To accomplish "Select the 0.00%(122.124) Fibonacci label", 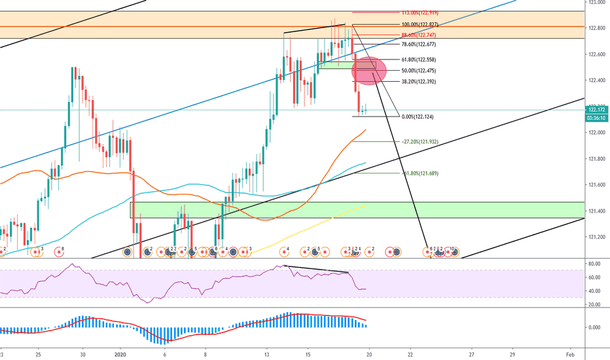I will [x=417, y=117].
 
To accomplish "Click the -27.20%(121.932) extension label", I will [x=420, y=141].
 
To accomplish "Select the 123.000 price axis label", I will [x=596, y=3].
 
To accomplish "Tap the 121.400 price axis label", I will [x=596, y=210].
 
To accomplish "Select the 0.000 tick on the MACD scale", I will [x=594, y=327].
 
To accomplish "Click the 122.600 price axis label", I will [x=596, y=54].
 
